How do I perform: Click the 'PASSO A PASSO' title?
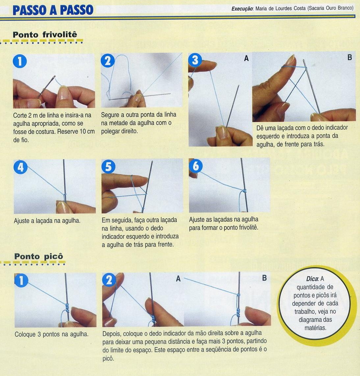click(53, 10)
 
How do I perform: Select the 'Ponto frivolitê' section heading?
click(45, 35)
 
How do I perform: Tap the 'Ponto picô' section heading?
click(39, 256)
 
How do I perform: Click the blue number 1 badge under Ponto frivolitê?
click(20, 61)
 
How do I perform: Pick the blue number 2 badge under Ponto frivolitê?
click(108, 61)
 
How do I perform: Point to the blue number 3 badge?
click(195, 60)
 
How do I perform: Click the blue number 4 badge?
click(21, 167)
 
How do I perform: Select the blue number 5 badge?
click(109, 166)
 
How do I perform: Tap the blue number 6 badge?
click(196, 166)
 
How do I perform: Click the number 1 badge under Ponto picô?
click(21, 280)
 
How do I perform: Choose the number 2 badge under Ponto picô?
click(109, 280)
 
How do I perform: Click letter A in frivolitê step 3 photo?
click(246, 58)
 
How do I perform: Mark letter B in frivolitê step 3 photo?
click(350, 57)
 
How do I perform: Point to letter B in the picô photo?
click(264, 278)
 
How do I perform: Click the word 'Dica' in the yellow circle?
click(312, 279)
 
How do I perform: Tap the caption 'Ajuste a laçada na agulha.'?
click(47, 221)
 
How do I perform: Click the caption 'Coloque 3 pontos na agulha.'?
click(52, 334)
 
